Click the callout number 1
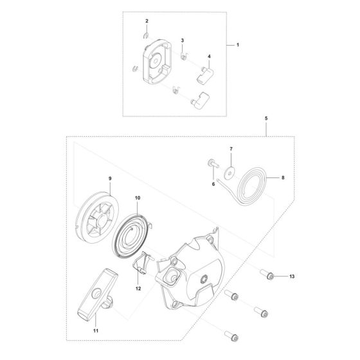point(238,46)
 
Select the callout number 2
point(147,22)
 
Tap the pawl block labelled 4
point(204,75)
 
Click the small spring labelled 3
point(183,57)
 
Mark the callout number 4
point(208,56)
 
